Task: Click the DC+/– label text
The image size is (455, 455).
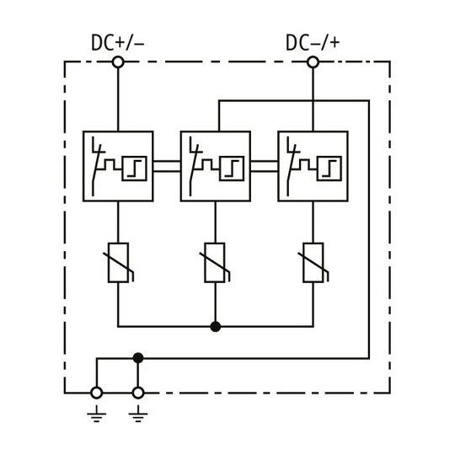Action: (x=117, y=42)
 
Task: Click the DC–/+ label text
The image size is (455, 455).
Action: (x=313, y=42)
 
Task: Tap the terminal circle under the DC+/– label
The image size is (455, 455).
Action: (x=118, y=62)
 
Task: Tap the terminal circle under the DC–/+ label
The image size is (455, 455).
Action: (x=313, y=62)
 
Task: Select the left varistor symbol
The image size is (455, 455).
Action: (x=119, y=263)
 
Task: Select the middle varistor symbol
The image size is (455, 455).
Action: (x=215, y=263)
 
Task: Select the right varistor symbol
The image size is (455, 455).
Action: (x=313, y=263)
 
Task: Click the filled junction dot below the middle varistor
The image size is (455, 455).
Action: (x=216, y=327)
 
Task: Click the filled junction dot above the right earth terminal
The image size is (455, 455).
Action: (x=138, y=358)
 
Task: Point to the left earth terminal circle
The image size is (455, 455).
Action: (x=96, y=393)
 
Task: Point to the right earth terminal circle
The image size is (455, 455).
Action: (x=138, y=393)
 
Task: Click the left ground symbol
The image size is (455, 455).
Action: (x=96, y=414)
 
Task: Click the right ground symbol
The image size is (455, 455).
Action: (x=138, y=414)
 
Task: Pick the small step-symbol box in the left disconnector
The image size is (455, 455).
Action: (x=134, y=169)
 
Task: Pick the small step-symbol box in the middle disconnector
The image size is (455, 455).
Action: (x=232, y=169)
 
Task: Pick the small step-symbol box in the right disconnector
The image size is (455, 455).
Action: (x=329, y=169)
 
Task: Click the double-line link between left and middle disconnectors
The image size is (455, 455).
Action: (x=167, y=166)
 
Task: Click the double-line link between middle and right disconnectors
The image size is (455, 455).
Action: (x=265, y=166)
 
